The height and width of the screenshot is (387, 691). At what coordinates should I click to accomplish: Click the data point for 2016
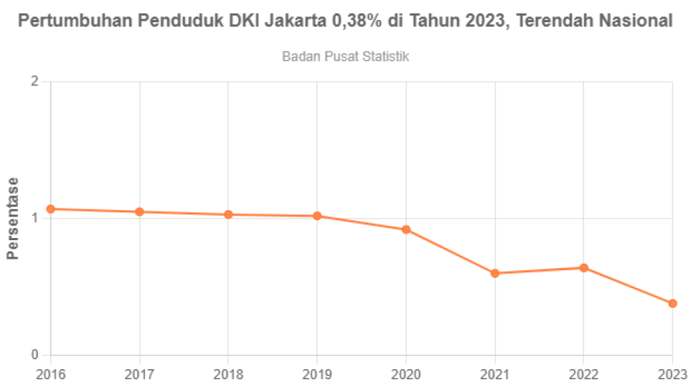(x=51, y=210)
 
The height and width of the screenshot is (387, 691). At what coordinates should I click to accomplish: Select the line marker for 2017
(x=140, y=212)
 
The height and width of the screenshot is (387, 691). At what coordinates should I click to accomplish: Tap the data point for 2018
(x=228, y=215)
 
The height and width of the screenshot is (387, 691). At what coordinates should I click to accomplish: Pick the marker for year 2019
(x=318, y=216)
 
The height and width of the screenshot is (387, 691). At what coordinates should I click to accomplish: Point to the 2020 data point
(x=406, y=229)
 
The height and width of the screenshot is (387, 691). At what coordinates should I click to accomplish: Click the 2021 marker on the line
(x=495, y=273)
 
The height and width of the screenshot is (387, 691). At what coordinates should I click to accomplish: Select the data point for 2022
(x=584, y=268)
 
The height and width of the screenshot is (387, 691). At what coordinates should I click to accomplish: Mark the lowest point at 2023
(x=672, y=304)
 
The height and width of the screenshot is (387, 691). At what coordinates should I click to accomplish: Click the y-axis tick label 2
(x=34, y=82)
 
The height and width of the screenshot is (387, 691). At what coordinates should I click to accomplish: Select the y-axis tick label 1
(x=34, y=219)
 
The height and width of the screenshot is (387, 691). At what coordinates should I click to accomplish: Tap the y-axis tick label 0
(x=34, y=355)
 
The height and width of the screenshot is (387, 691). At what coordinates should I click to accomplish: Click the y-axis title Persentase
(x=12, y=218)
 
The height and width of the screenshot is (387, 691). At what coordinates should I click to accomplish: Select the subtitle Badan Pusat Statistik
(x=345, y=56)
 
